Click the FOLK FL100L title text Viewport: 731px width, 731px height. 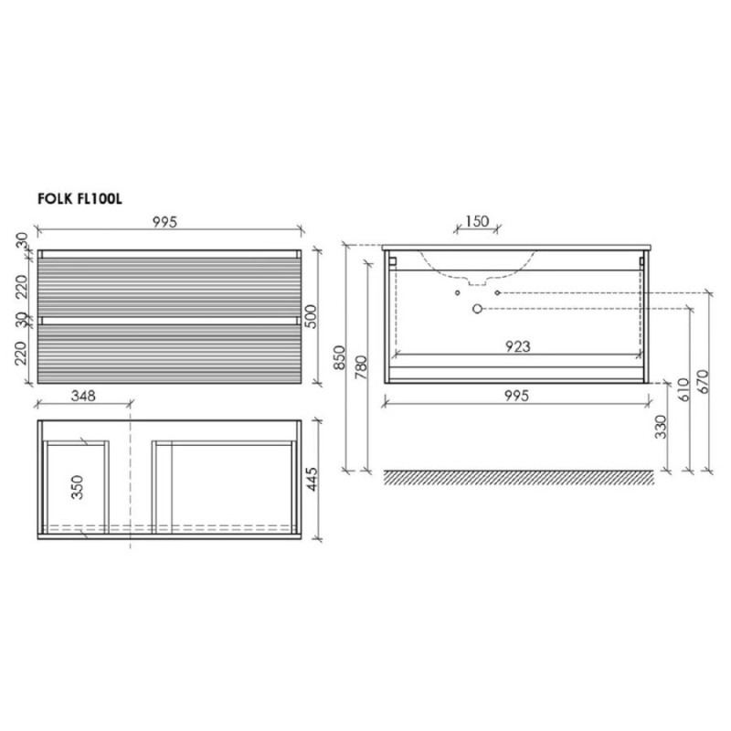[x=79, y=199]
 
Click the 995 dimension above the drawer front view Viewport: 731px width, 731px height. [x=165, y=222]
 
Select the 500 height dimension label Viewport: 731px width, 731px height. [x=312, y=316]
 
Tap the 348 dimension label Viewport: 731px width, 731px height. [x=83, y=396]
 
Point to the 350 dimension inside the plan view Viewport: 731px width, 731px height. [x=77, y=487]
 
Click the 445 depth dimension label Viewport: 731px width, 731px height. [x=312, y=479]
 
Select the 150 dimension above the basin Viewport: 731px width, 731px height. [x=477, y=221]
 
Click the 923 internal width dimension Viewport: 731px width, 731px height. [x=517, y=346]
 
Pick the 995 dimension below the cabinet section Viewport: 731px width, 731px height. [x=516, y=396]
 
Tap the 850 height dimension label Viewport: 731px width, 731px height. [x=340, y=357]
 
